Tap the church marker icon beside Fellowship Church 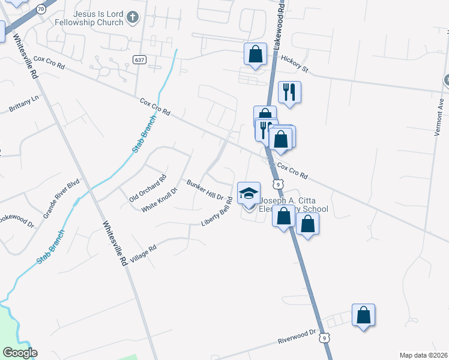click(134, 19)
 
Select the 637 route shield click(139, 59)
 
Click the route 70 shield click(41, 10)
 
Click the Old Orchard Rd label click(148, 188)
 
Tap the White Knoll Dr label click(160, 199)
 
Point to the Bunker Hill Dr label click(205, 190)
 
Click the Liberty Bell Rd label click(217, 215)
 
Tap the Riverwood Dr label click(297, 336)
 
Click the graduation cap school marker click(249, 194)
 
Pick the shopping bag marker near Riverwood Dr click(363, 315)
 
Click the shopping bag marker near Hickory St click(255, 54)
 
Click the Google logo click(19, 352)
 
